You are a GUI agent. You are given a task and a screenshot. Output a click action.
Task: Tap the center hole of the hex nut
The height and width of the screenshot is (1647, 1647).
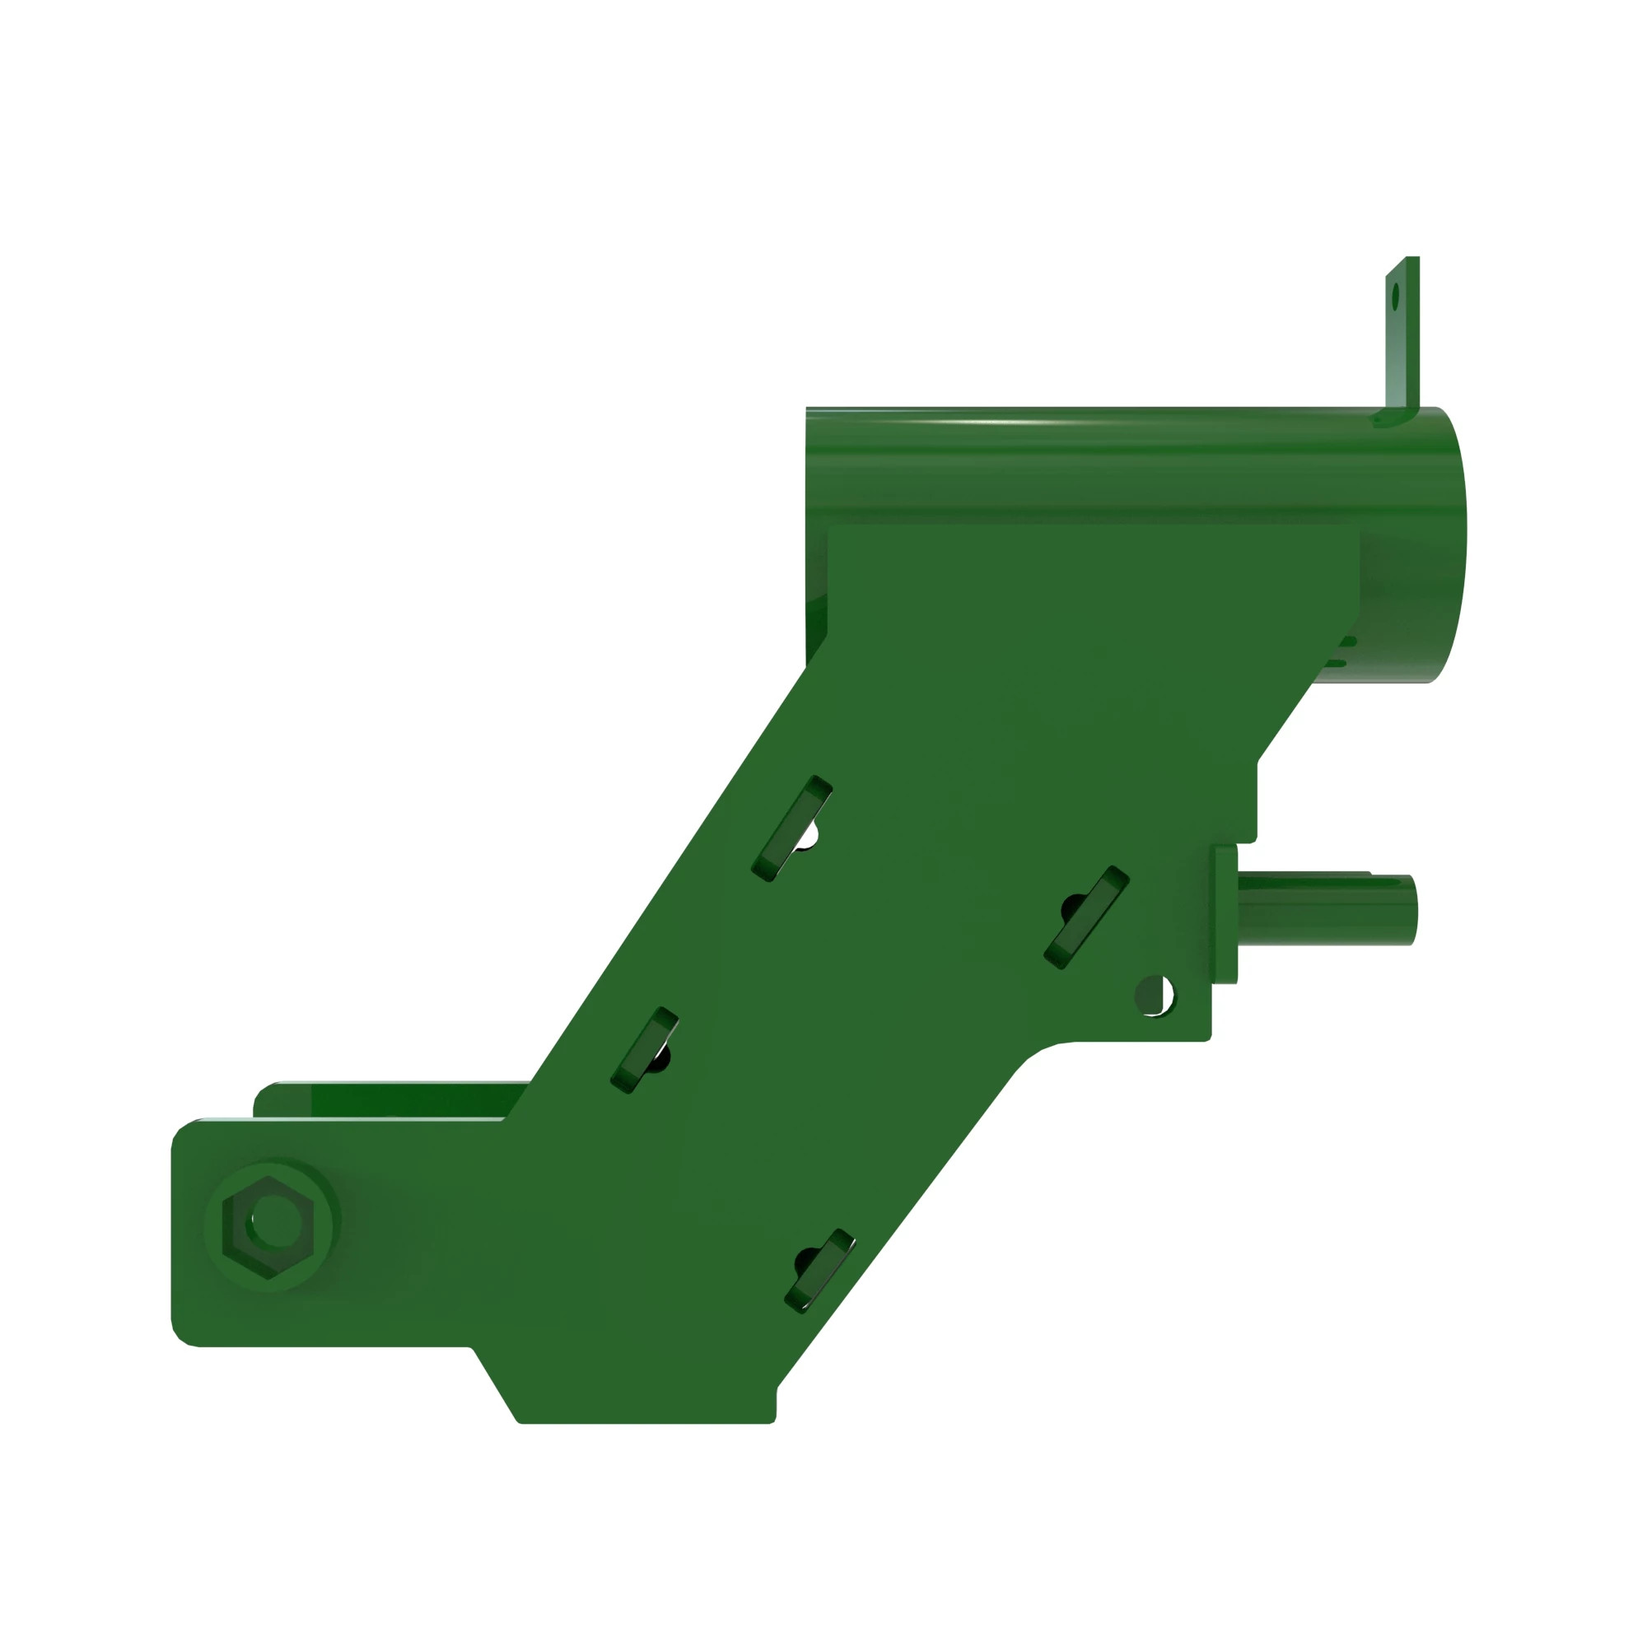(273, 1221)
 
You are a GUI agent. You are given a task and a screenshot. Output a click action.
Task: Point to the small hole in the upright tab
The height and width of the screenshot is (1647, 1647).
(1396, 297)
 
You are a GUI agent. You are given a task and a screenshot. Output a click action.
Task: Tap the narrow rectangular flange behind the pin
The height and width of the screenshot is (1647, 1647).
(1225, 915)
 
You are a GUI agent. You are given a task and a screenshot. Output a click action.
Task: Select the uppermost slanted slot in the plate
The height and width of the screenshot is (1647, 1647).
(791, 828)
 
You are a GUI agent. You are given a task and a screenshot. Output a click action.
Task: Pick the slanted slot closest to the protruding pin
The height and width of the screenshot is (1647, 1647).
(1087, 918)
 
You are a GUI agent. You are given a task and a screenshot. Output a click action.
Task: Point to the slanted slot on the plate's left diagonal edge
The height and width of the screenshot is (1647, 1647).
(645, 1050)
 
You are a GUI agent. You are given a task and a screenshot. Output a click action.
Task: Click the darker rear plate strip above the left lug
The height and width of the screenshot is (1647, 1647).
(392, 1099)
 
